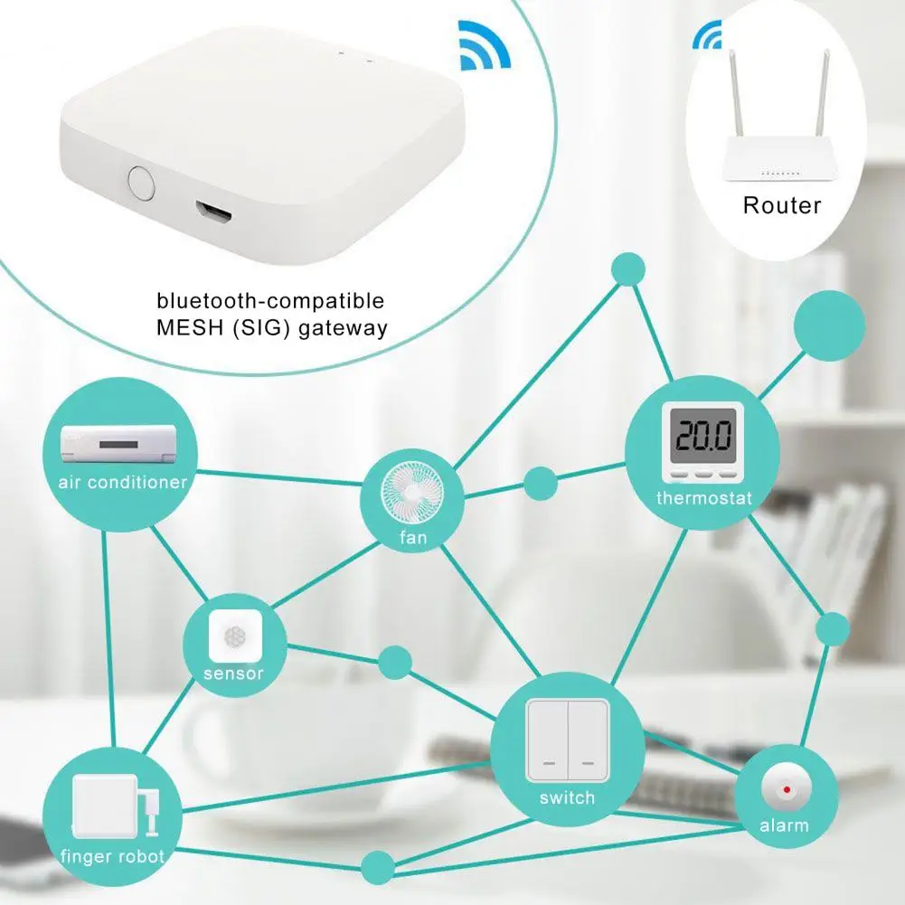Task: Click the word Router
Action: [782, 205]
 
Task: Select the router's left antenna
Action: [734, 99]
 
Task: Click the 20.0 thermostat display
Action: [702, 440]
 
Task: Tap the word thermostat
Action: [703, 498]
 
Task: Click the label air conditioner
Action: [123, 482]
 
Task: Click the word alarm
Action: [785, 825]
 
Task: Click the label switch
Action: [567, 797]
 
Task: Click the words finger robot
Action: [112, 856]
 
